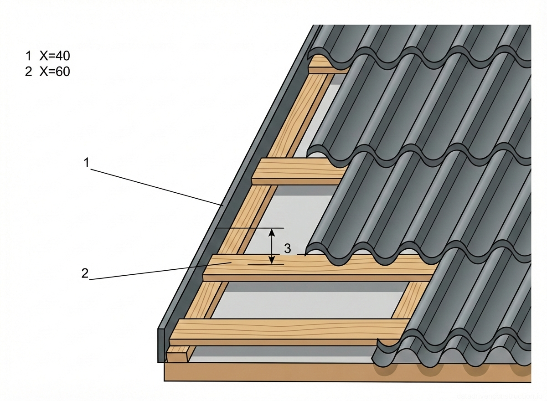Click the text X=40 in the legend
point(55,56)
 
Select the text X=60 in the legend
point(55,72)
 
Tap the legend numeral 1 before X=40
point(28,56)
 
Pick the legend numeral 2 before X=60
point(28,72)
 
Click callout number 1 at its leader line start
point(86,162)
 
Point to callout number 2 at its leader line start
point(85,273)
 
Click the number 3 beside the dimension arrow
point(287,249)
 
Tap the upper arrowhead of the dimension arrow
point(272,231)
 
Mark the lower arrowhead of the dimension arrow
point(272,261)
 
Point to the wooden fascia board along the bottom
point(273,372)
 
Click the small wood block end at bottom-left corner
point(177,355)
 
